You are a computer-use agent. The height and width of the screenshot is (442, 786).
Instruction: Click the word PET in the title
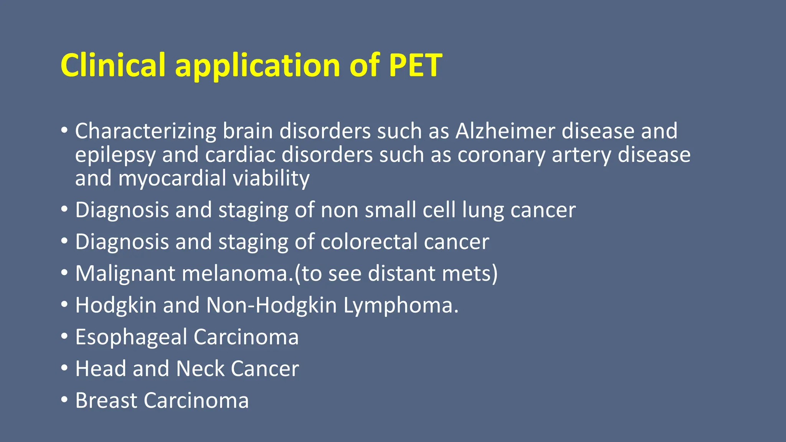(415, 65)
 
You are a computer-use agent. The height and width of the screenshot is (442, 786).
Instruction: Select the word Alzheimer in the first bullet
(505, 131)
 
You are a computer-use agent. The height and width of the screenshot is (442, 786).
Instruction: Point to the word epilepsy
(115, 155)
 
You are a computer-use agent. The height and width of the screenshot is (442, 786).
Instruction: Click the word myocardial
(172, 179)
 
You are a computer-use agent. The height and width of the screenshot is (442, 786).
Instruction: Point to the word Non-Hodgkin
(271, 305)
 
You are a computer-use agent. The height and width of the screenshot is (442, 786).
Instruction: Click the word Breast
(106, 401)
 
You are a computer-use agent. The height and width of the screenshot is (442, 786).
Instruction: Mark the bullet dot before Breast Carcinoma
(64, 400)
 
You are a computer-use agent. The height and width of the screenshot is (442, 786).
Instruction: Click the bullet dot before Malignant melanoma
(64, 273)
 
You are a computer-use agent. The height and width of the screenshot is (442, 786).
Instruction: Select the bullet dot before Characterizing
(64, 130)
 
